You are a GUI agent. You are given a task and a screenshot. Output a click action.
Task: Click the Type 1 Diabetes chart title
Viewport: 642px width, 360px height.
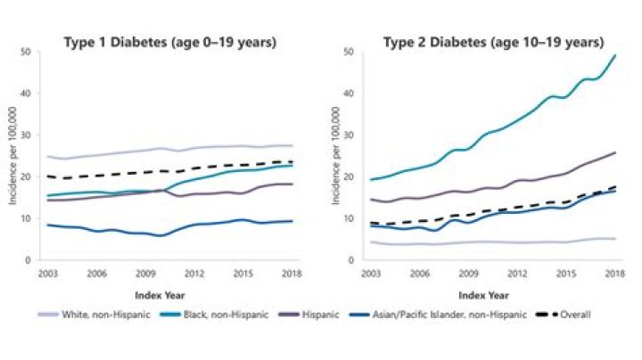[169, 42]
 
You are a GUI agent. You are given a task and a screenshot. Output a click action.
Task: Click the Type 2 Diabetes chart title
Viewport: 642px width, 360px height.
[493, 42]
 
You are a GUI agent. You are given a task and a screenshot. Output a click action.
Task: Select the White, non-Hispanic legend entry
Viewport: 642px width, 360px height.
[88, 314]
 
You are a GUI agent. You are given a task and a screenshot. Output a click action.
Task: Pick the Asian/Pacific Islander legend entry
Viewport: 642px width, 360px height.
[439, 314]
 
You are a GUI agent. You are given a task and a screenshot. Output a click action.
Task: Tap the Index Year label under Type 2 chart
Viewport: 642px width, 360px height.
[492, 292]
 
